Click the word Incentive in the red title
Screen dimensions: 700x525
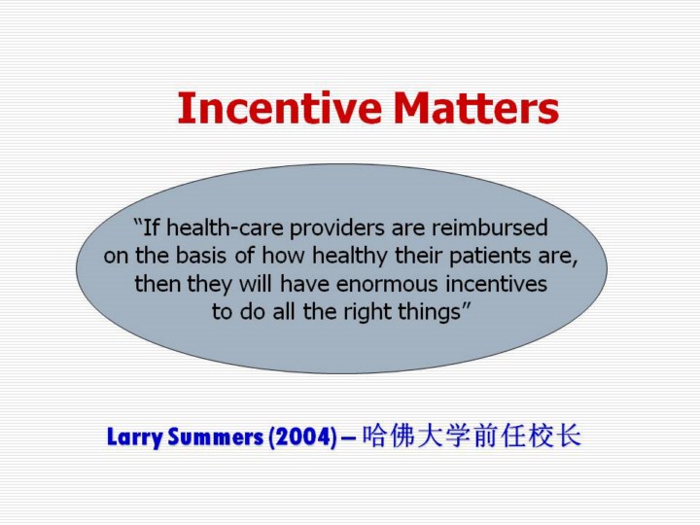tap(279, 108)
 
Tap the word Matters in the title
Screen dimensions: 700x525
tap(476, 108)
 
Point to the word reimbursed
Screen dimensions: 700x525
tap(489, 227)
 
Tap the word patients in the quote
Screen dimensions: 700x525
tap(491, 257)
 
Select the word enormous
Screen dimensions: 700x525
tap(387, 284)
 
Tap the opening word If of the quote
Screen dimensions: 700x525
tap(151, 227)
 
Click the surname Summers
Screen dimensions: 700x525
tap(216, 437)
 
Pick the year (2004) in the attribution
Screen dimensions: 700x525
tap(302, 437)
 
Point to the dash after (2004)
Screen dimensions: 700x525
tap(349, 437)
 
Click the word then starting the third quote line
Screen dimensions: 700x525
tap(158, 284)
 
